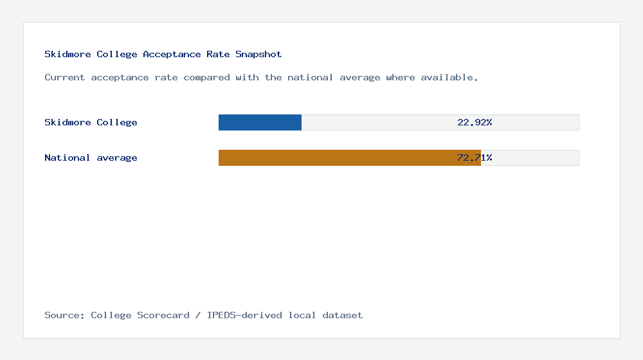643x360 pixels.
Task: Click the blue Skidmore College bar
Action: click(260, 123)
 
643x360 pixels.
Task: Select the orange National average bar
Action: click(350, 158)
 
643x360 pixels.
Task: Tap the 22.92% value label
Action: click(475, 122)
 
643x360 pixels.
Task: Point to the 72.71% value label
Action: click(475, 157)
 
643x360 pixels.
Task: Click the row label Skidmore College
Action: click(91, 123)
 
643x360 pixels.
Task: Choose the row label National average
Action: click(91, 158)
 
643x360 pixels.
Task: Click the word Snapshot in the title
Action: click(258, 55)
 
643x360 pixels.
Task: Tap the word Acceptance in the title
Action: click(172, 55)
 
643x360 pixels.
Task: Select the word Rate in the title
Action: click(218, 54)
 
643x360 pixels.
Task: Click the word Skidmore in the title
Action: click(68, 54)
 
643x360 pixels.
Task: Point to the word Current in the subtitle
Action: click(64, 78)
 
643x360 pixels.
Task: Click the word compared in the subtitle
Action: click(206, 78)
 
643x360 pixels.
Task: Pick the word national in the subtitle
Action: click(311, 78)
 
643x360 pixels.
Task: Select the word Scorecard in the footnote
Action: click(163, 315)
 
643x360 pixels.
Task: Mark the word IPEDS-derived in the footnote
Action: click(244, 315)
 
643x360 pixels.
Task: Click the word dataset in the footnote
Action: click(343, 315)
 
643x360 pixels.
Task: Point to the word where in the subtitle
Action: click(400, 78)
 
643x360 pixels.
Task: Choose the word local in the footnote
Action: click(302, 315)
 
